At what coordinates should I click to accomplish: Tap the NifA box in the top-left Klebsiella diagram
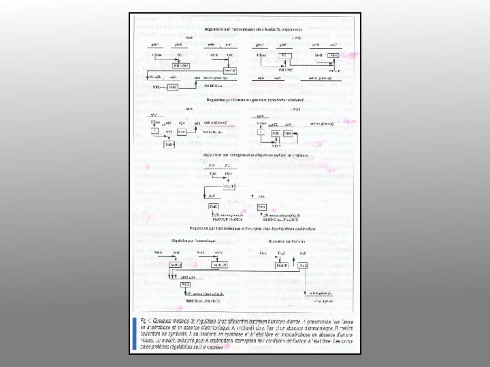(x=173, y=88)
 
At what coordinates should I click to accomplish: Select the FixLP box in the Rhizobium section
(x=230, y=184)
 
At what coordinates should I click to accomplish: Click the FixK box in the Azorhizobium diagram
(x=304, y=264)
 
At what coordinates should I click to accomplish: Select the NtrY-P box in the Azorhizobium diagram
(x=220, y=264)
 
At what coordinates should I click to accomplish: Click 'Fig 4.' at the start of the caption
(x=144, y=319)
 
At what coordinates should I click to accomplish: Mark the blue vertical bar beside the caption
(x=133, y=332)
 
